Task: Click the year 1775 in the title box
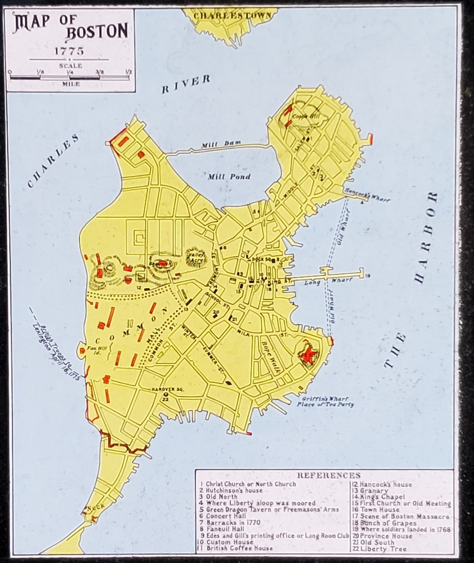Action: pyautogui.click(x=69, y=51)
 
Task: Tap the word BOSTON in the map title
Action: pyautogui.click(x=97, y=32)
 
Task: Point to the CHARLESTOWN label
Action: pyautogui.click(x=233, y=15)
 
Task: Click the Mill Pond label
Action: pyautogui.click(x=229, y=176)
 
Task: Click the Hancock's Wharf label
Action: pyautogui.click(x=367, y=195)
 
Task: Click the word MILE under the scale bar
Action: pyautogui.click(x=71, y=84)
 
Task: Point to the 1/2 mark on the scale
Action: pyautogui.click(x=128, y=72)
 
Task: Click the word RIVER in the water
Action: pyautogui.click(x=185, y=84)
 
